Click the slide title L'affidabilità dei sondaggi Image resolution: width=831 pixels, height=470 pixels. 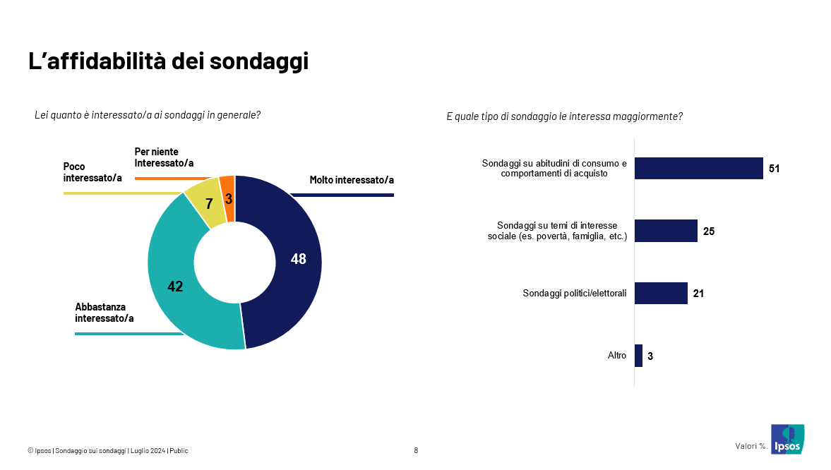(168, 61)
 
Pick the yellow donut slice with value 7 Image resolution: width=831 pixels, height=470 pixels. (205, 206)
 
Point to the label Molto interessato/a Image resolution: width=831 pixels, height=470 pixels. (352, 180)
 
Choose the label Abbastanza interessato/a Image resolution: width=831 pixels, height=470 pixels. (104, 313)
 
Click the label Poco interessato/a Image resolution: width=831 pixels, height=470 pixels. (92, 171)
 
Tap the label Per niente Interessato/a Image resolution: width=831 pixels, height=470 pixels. (164, 157)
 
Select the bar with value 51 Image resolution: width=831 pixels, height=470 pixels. (698, 168)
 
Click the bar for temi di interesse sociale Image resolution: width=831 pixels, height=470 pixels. (666, 231)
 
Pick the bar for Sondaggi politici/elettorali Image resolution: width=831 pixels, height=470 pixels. (661, 293)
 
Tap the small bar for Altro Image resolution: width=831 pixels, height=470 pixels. (638, 356)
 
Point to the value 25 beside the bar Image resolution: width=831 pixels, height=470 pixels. (709, 231)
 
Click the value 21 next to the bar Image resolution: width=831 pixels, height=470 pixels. (698, 294)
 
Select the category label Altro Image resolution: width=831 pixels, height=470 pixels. (616, 356)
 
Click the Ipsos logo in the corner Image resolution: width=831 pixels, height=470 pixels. (787, 440)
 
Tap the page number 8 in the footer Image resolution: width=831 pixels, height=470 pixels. (416, 450)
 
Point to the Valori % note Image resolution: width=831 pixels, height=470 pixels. (751, 446)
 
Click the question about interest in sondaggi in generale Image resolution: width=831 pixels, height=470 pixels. (148, 115)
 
